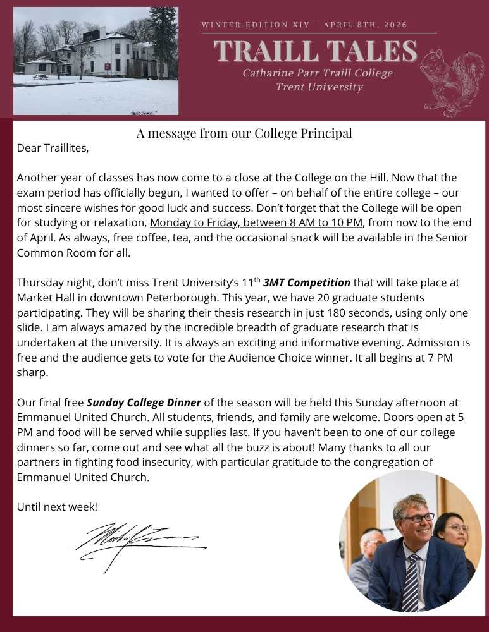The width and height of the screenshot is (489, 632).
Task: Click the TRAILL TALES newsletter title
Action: [316, 51]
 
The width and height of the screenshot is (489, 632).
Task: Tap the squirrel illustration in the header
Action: [452, 82]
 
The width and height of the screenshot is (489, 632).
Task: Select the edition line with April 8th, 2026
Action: [304, 25]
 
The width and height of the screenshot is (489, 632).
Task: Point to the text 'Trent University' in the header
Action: [319, 87]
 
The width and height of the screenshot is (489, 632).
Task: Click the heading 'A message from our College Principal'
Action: [244, 133]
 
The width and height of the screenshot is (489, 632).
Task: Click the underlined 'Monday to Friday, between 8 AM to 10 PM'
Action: [257, 223]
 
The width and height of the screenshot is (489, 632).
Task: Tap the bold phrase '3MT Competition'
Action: [306, 282]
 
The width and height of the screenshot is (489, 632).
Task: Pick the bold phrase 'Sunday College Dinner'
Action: [144, 403]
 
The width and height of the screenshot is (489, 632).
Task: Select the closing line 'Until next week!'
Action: [57, 507]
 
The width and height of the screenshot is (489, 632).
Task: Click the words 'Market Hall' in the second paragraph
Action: [44, 297]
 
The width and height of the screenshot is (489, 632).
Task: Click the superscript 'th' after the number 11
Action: [257, 279]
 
